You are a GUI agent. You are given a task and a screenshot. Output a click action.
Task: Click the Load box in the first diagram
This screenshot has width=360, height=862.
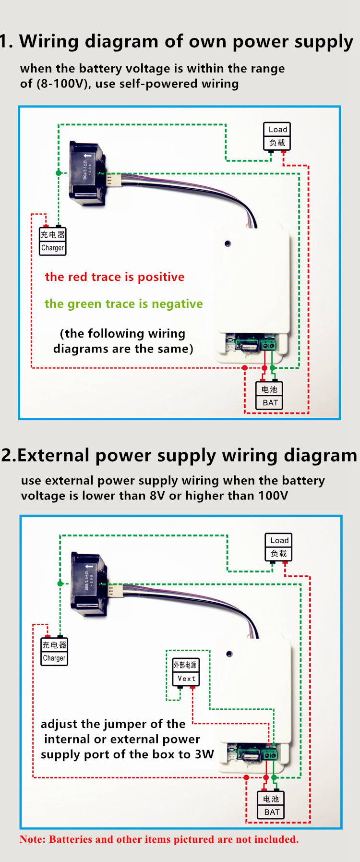coord(277,136)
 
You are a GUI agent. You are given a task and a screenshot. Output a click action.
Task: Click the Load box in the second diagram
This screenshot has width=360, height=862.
coord(278,546)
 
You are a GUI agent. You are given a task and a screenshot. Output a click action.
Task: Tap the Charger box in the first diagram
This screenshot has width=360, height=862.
coord(52,241)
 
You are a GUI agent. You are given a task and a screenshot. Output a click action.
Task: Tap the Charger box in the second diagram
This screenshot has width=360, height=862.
coord(54,651)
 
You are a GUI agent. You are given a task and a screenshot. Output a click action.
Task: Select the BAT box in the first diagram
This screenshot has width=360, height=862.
coord(269,396)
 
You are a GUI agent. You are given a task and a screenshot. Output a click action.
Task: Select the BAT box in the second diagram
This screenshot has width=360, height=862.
coord(271,805)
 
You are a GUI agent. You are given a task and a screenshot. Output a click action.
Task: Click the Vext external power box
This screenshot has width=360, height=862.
coord(186,671)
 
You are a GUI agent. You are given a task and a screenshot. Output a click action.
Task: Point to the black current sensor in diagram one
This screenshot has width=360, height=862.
coord(87,173)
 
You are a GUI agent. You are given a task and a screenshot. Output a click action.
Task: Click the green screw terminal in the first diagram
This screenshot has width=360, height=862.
coord(268,344)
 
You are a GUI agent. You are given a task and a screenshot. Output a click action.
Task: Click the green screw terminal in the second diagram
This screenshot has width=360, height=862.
coord(269,754)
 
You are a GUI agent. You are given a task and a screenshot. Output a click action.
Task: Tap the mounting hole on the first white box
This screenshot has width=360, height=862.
coord(228,243)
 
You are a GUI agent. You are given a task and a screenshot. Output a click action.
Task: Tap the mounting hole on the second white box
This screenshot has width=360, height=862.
coord(229,654)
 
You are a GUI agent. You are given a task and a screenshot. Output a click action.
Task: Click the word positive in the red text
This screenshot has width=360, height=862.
coord(161,277)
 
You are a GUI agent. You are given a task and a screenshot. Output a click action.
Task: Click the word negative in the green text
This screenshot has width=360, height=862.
coord(177,304)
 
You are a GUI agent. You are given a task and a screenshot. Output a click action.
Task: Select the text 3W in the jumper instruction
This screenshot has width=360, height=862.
coord(204,754)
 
